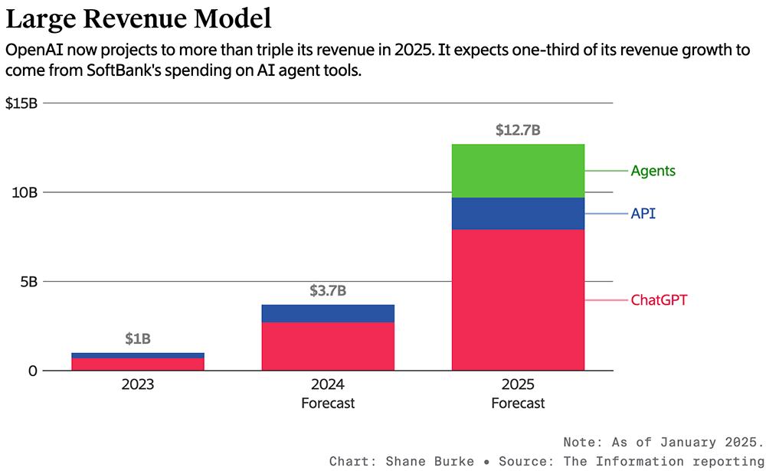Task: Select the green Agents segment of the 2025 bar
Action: pos(518,171)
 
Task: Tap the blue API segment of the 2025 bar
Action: pos(518,214)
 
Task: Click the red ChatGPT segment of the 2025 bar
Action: pos(518,299)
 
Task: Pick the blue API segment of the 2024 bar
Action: pos(328,313)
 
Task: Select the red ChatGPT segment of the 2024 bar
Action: pos(328,346)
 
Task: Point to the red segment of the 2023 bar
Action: pos(138,365)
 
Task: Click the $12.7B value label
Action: pos(518,130)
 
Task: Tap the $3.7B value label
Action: pos(328,291)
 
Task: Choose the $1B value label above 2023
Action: pos(138,339)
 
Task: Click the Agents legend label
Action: pos(653,171)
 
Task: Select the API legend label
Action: pos(643,214)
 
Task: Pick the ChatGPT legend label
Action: pos(659,300)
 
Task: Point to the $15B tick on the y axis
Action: pos(21,103)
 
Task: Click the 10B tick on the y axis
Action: pos(25,192)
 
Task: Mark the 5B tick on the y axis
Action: pos(28,282)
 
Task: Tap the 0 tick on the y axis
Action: pos(33,371)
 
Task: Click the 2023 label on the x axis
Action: pos(138,384)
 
